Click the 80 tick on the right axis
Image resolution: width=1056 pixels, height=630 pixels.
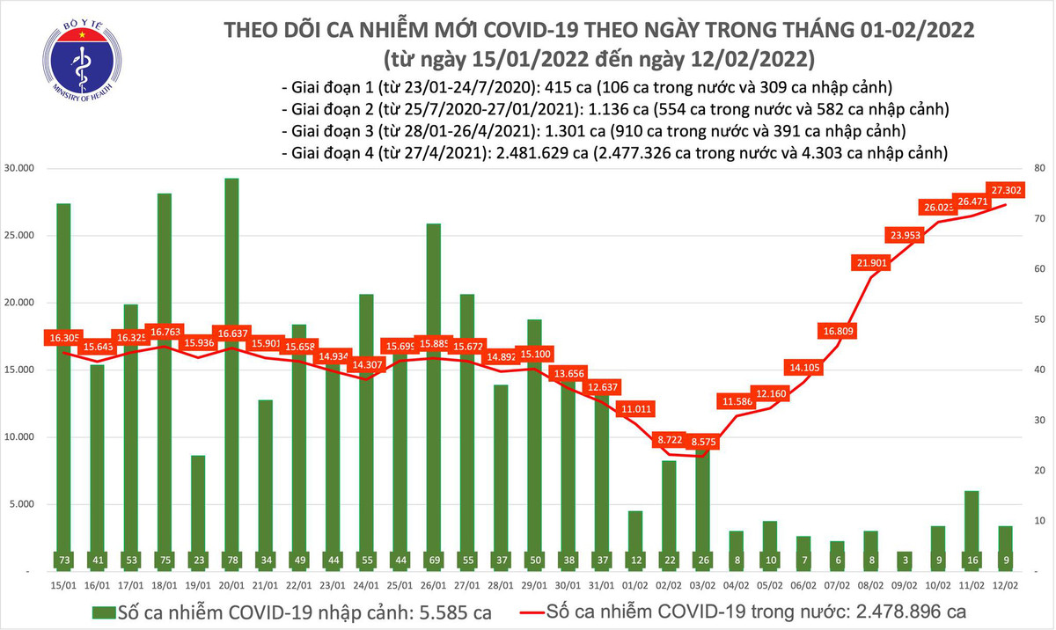point(1038,169)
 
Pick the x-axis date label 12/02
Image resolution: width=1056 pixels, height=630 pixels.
point(1005,582)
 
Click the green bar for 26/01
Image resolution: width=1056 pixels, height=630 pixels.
point(434,396)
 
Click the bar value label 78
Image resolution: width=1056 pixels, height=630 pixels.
point(231,560)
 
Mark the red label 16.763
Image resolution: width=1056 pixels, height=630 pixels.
point(165,332)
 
